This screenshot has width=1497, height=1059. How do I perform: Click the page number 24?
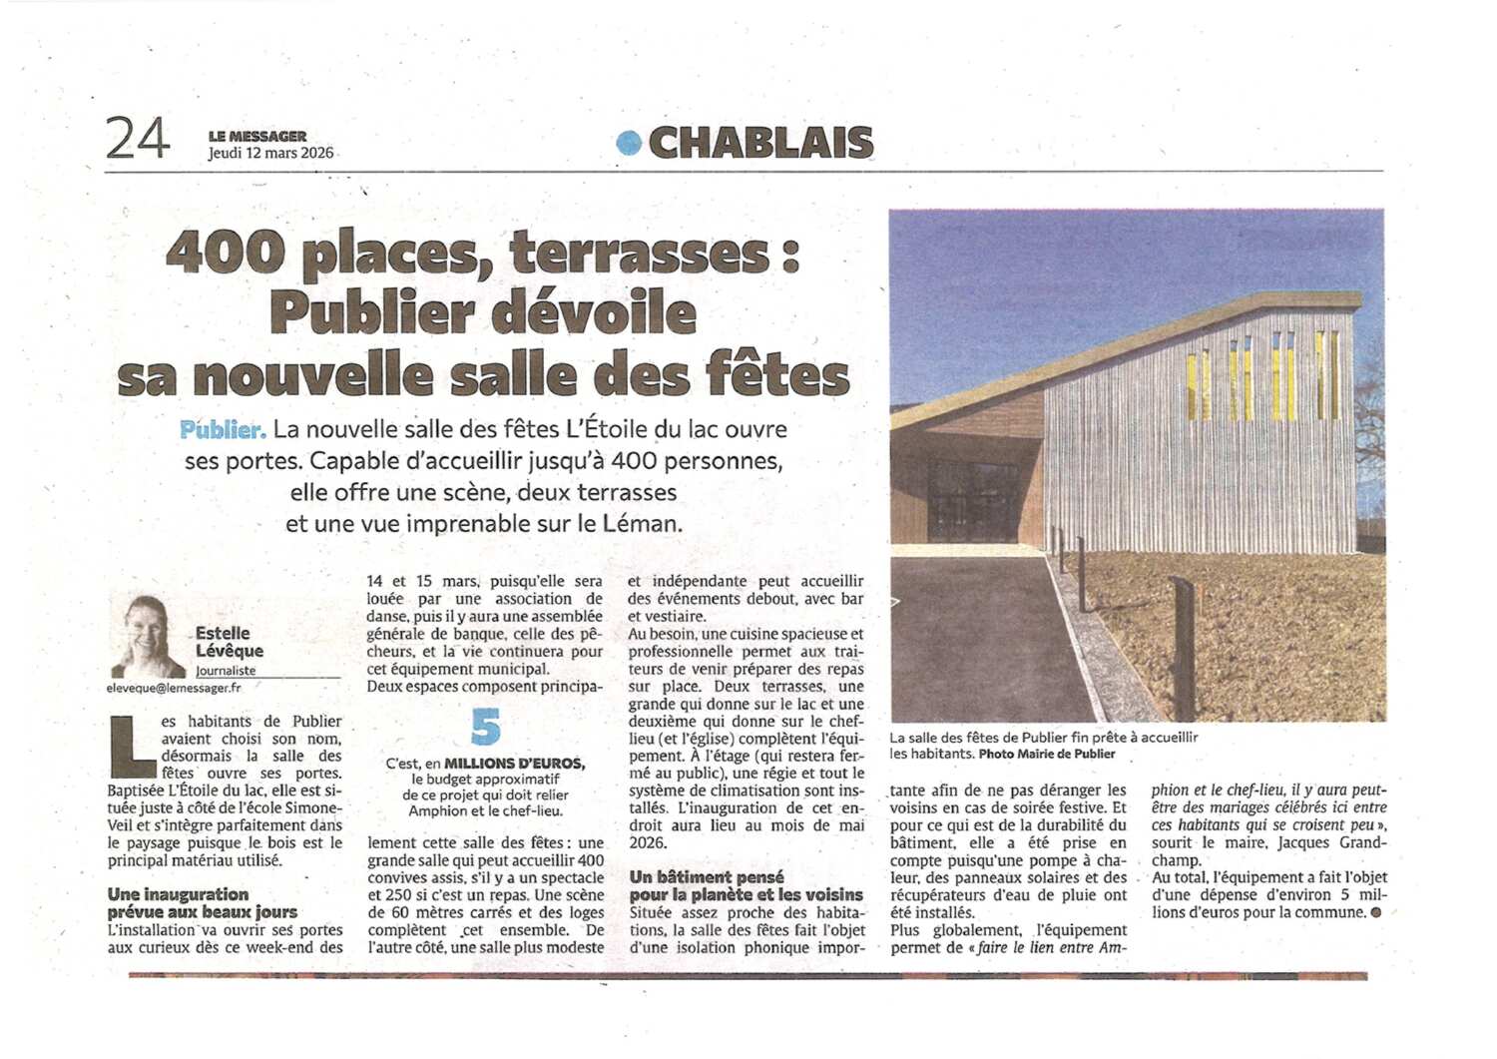tap(137, 138)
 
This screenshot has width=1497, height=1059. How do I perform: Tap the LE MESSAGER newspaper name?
tap(256, 136)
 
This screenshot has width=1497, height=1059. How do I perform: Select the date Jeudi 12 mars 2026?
tap(270, 153)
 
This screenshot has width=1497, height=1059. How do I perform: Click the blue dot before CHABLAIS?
tap(628, 143)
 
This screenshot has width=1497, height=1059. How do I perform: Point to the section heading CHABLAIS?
tap(760, 143)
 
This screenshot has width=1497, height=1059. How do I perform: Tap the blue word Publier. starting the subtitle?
tap(223, 430)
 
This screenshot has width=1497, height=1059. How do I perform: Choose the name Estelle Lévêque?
tap(229, 642)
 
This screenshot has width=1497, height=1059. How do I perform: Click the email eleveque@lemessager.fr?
tap(174, 688)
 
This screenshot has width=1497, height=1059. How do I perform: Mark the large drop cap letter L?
tap(132, 747)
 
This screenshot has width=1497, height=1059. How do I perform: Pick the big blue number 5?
tap(485, 727)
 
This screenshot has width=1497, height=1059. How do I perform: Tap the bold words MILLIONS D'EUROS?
tap(514, 764)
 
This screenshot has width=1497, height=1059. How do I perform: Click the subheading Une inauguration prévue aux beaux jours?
tap(203, 903)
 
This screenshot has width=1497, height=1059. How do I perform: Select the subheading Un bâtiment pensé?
tap(707, 877)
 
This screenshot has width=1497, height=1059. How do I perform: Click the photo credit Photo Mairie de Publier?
tap(1047, 755)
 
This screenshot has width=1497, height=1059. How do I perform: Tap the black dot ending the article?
tap(1376, 912)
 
